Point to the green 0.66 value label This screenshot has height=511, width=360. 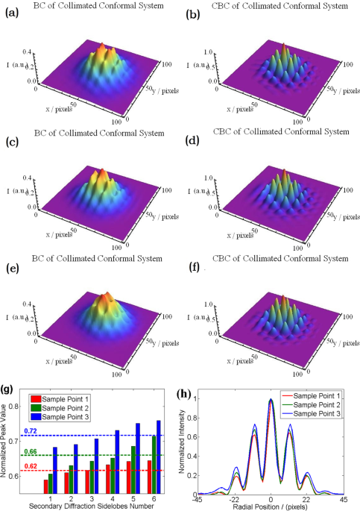[29, 451]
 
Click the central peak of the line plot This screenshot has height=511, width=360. [271, 400]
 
